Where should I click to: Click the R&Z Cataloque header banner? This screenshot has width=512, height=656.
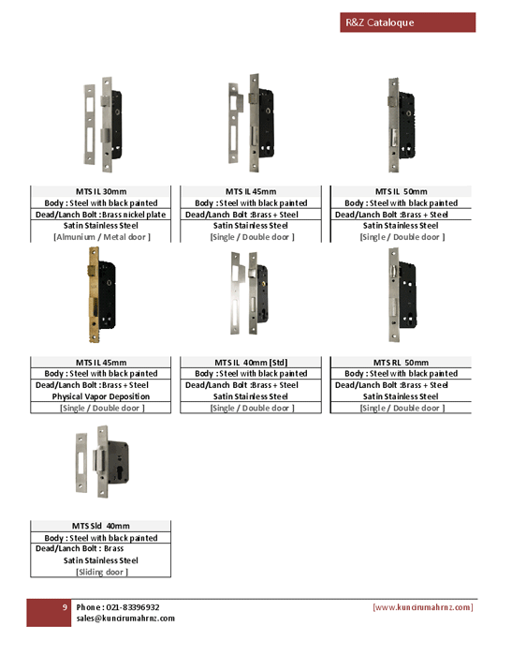pyautogui.click(x=407, y=22)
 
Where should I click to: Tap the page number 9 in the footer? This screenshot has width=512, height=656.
pyautogui.click(x=65, y=607)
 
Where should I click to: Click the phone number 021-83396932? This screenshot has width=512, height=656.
pyautogui.click(x=133, y=607)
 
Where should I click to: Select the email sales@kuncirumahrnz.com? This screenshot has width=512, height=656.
pyautogui.click(x=125, y=619)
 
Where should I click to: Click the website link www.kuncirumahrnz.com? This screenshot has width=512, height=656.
pyautogui.click(x=422, y=607)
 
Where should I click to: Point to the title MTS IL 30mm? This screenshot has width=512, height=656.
pyautogui.click(x=101, y=191)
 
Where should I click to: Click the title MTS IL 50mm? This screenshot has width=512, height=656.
pyautogui.click(x=401, y=191)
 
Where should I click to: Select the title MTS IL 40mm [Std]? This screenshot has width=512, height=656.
pyautogui.click(x=251, y=363)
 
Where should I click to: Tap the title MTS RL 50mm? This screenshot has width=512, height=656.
pyautogui.click(x=401, y=363)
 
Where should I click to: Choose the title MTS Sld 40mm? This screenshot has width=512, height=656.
pyautogui.click(x=101, y=526)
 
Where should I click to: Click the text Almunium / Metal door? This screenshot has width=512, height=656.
pyautogui.click(x=101, y=237)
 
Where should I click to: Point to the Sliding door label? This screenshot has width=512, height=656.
pyautogui.click(x=102, y=572)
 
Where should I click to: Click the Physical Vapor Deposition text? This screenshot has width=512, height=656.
pyautogui.click(x=101, y=396)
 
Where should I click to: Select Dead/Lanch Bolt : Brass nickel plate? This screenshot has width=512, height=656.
pyautogui.click(x=101, y=215)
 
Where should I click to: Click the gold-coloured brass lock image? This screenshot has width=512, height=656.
pyautogui.click(x=102, y=295)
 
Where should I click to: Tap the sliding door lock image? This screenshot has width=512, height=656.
pyautogui.click(x=102, y=462)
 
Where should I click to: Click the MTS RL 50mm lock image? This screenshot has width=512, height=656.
pyautogui.click(x=403, y=295)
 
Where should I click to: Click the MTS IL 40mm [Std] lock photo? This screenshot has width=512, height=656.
pyautogui.click(x=250, y=292)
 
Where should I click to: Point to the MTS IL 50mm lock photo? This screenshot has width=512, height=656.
pyautogui.click(x=402, y=125)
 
